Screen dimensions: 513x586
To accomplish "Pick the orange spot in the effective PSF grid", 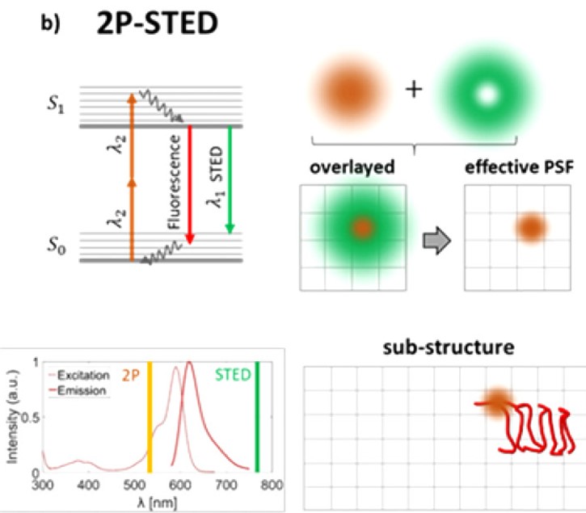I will coord(530,229).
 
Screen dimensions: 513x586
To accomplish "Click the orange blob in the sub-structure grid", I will coord(497,402).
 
